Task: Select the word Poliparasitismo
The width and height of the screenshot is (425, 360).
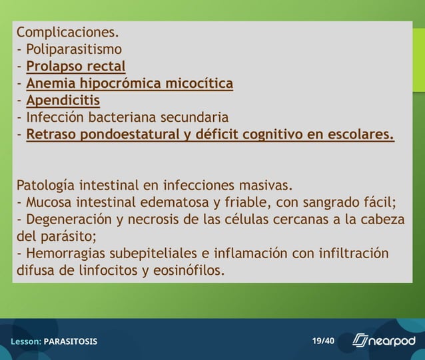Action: [74, 49]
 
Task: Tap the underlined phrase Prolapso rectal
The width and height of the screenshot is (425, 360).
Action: [76, 67]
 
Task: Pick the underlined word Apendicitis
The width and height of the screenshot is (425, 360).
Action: [63, 101]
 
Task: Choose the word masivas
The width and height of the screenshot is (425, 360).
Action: [265, 184]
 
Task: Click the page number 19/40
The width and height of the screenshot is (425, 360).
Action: [323, 341]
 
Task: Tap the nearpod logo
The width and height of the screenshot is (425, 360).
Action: [383, 341]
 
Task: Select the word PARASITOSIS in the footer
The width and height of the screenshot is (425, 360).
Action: [71, 341]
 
